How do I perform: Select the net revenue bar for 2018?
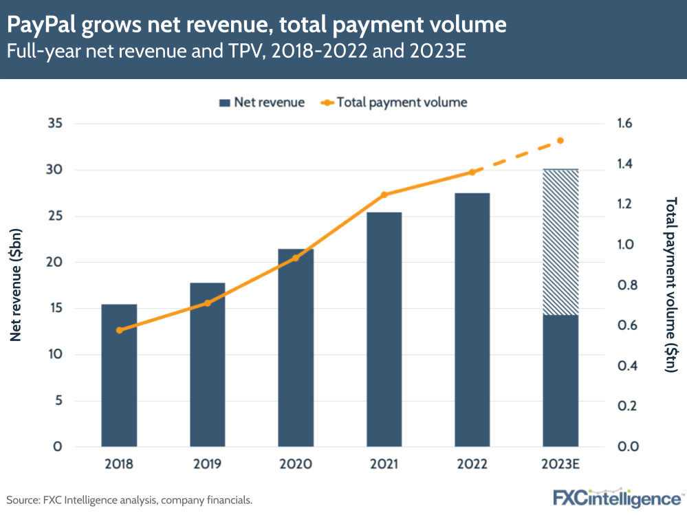(x=119, y=375)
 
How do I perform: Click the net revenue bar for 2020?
(x=296, y=348)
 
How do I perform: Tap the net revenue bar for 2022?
(x=472, y=320)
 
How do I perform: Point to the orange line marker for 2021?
(x=384, y=195)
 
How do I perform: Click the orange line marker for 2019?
(x=207, y=303)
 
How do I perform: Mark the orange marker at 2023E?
(x=560, y=140)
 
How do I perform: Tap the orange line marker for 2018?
(x=119, y=330)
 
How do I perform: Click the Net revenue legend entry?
(x=261, y=102)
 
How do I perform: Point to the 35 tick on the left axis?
(x=54, y=124)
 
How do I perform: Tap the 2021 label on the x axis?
(x=384, y=464)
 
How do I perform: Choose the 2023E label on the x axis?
(x=560, y=464)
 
